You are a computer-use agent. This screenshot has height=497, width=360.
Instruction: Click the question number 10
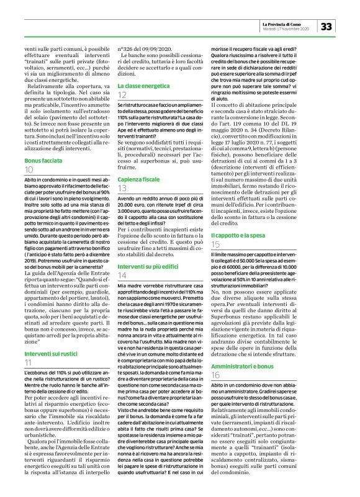click(x=29, y=169)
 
